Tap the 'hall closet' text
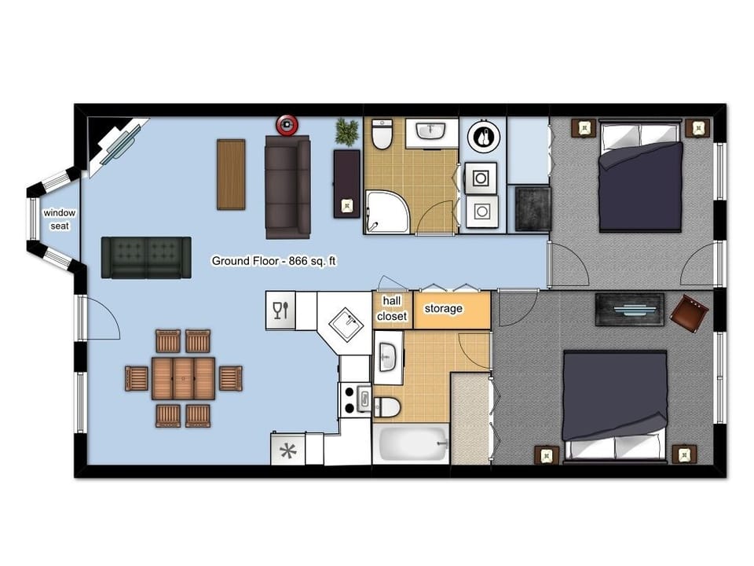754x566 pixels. click(x=392, y=308)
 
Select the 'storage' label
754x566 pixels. click(x=443, y=309)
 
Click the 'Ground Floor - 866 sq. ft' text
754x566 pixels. click(x=274, y=261)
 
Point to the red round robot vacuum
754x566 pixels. click(x=287, y=123)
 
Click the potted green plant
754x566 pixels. click(x=346, y=131)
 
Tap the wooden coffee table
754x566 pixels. click(x=231, y=175)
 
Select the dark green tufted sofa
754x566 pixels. click(x=146, y=257)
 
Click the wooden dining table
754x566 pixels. click(x=184, y=378)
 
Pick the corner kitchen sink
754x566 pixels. click(x=344, y=323)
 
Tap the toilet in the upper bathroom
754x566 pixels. click(x=382, y=134)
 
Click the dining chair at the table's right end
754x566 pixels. click(x=229, y=378)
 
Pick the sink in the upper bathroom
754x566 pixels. click(x=430, y=130)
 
